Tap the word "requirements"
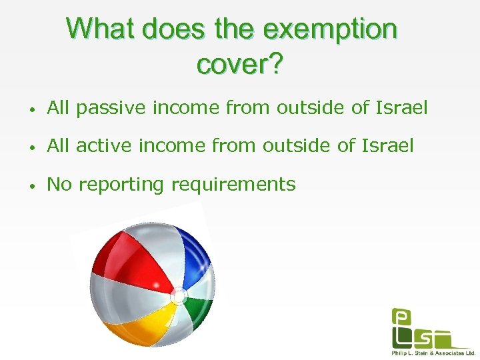(x=233, y=183)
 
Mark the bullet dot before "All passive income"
(x=31, y=109)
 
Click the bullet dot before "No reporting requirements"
(x=31, y=185)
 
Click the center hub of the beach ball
(x=178, y=295)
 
